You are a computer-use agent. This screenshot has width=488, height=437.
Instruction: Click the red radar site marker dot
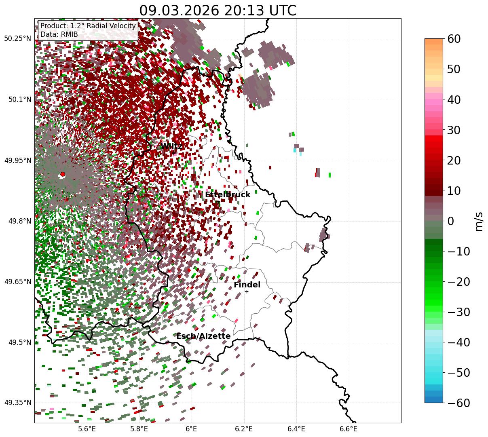tap(63, 174)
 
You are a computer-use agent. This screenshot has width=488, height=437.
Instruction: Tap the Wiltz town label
tap(171, 146)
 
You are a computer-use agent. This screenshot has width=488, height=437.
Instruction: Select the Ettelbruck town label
tap(228, 195)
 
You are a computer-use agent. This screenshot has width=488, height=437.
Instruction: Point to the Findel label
tap(247, 285)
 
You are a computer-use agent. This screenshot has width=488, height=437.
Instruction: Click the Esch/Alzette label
tap(203, 336)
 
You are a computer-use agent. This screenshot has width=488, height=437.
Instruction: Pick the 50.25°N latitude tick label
tap(17, 39)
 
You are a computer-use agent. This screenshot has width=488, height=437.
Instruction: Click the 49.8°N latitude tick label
tap(19, 221)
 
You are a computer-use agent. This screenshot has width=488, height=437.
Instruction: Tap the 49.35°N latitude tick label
tap(17, 403)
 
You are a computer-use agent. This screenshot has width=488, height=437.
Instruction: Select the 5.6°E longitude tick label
tap(87, 429)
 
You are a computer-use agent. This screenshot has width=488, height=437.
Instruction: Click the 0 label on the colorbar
tap(450, 221)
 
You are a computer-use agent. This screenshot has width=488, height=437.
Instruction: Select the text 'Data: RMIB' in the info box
tap(59, 35)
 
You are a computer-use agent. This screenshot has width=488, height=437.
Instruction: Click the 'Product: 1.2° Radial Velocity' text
tap(88, 26)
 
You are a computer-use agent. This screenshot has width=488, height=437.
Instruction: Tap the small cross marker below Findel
tap(247, 291)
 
